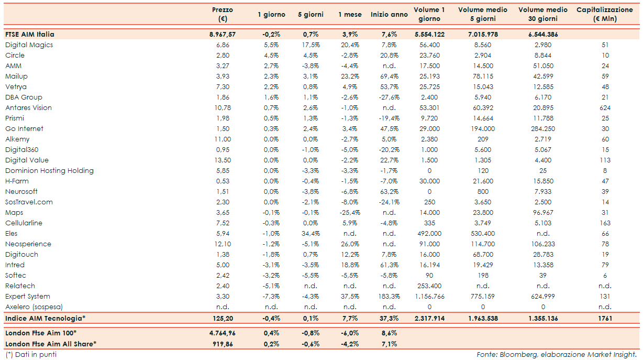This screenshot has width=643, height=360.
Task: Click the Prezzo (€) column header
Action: tap(223, 14)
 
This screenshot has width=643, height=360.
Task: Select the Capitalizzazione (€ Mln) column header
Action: tap(604, 14)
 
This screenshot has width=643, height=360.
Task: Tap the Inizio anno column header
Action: tap(389, 15)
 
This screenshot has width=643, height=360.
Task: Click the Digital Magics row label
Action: tap(29, 45)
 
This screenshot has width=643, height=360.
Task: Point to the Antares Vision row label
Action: tap(28, 108)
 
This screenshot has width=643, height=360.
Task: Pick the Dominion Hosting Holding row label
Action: tap(49, 171)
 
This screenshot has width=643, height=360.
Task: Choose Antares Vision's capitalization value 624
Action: tap(605, 108)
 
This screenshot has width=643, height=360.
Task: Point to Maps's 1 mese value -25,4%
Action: tap(349, 213)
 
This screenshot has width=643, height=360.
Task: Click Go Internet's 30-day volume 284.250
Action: tap(543, 129)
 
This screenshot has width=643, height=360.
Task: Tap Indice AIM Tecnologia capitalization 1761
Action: tap(605, 318)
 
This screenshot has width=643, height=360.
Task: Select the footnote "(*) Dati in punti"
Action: tap(31, 355)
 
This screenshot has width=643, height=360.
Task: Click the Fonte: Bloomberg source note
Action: tap(557, 355)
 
